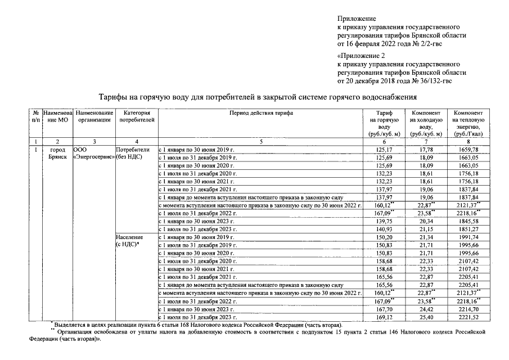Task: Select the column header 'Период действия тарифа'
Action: coord(261,113)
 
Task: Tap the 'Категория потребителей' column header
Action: coord(135,116)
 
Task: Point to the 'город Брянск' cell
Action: coord(58,154)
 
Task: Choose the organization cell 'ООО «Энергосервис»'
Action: coord(93,154)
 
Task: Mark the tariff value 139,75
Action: coord(384,222)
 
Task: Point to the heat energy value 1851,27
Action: coord(469,230)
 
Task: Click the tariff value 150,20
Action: coord(384,238)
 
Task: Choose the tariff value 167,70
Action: coord(384,309)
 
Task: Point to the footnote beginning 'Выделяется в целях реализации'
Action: coord(197,325)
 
